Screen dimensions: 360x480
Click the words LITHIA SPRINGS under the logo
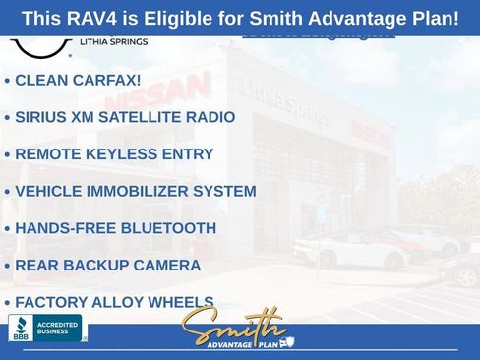click(x=113, y=42)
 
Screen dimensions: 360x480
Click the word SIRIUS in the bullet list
click(x=42, y=117)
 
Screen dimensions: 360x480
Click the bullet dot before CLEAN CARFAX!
click(x=8, y=81)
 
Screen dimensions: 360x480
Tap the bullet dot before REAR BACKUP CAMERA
click(x=8, y=266)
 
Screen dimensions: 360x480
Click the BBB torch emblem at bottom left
click(x=20, y=328)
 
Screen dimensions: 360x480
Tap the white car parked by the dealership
click(x=349, y=250)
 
